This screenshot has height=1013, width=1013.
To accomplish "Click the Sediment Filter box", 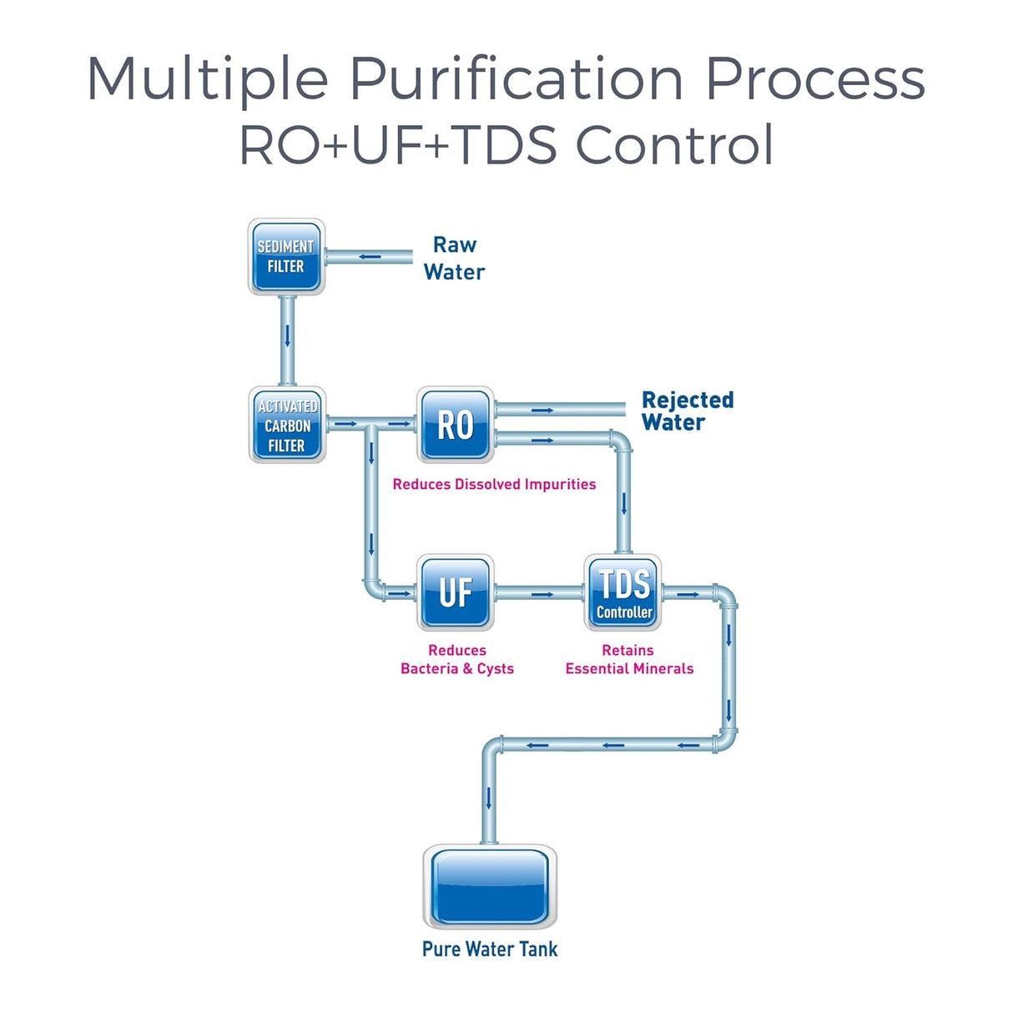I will pos(286,257).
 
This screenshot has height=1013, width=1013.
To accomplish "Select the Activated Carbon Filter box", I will pos(287,426).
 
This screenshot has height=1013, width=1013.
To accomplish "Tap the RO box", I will pos(456,425).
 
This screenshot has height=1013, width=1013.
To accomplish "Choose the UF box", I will pos(456,592).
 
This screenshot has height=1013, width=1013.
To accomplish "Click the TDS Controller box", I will pos(623,592).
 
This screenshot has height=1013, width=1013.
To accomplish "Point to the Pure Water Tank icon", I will pos(490,886).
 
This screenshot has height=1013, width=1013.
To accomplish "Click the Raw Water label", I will pos(454,259).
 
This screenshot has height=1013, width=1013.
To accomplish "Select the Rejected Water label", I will pos(687,411).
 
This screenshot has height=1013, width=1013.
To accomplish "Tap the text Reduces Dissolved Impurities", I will pos(494,485).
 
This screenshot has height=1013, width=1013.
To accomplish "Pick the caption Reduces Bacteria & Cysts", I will pos(457,659).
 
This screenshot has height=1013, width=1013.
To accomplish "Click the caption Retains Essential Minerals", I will pos(629,659).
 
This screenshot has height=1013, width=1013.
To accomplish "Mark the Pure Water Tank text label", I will pos(490,950).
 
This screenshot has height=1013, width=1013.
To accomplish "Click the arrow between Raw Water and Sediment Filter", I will pos(370,257).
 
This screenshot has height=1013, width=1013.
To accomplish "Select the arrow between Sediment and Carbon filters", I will pos(287,335).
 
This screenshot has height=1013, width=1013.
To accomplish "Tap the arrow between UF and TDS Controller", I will pos(542,594).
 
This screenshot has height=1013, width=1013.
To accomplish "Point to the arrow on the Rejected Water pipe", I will pos(542,410).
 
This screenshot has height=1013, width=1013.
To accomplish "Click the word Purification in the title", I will pos(516,80).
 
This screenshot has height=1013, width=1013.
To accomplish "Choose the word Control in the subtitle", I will pos(674,145).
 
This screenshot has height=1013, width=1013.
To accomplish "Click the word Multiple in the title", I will pos(208,80).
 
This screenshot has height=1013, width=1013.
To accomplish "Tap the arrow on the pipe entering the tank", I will pos(489,799).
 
